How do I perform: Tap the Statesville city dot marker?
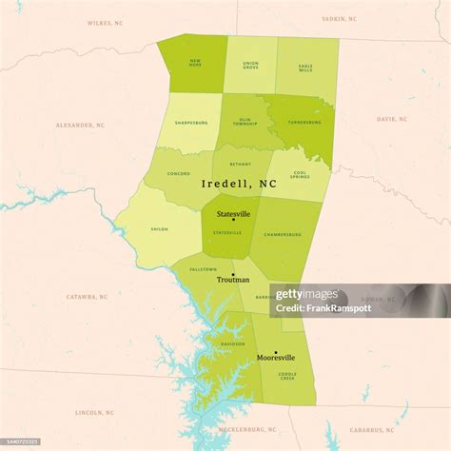[x=233, y=221]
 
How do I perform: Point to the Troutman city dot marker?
[x=233, y=273]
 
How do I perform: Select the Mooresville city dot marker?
[x=275, y=351]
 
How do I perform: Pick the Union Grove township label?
[x=250, y=65]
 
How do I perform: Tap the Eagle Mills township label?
[x=304, y=68]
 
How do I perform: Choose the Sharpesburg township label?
[x=191, y=123]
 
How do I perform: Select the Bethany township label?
[x=239, y=163]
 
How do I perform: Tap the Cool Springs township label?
[x=300, y=176]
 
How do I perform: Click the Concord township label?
[x=179, y=173]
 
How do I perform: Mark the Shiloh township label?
[x=159, y=229]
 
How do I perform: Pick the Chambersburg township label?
[x=283, y=233]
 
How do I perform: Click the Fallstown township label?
[x=203, y=269]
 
